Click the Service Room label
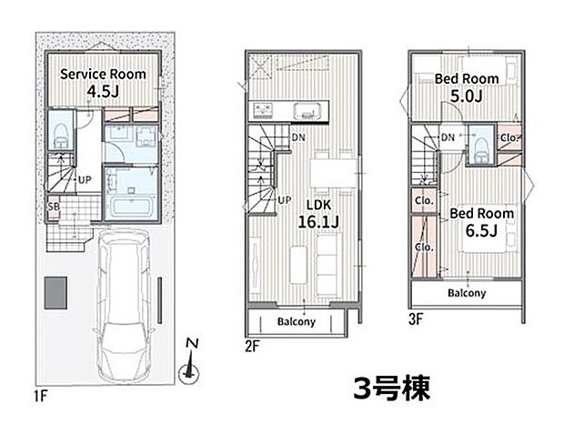[x=103, y=74]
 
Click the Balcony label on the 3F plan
[x=466, y=293]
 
